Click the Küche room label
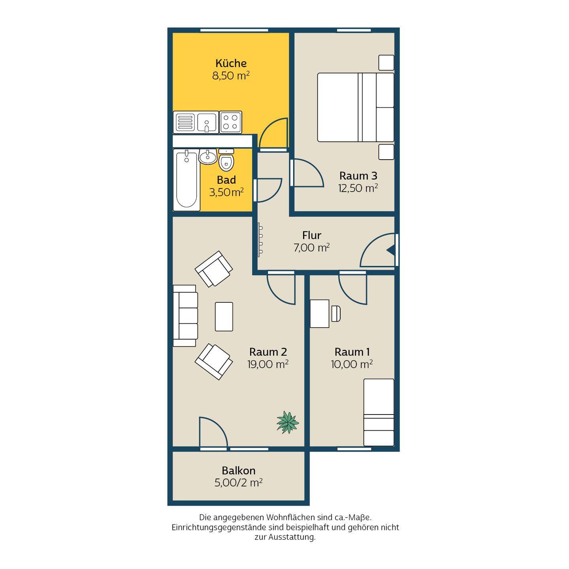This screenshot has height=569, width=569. pyautogui.click(x=231, y=63)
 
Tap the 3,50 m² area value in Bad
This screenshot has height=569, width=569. pyautogui.click(x=226, y=192)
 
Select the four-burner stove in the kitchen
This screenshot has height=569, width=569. pyautogui.click(x=230, y=122)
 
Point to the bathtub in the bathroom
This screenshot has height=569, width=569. pyautogui.click(x=187, y=180)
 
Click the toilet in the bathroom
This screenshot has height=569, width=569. pyautogui.click(x=226, y=160)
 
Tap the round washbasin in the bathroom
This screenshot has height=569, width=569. pyautogui.click(x=208, y=156)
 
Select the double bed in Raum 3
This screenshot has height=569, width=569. pyautogui.click(x=356, y=107)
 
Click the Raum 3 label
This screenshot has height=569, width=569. pyautogui.click(x=358, y=176)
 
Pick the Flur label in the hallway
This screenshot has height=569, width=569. pyautogui.click(x=311, y=236)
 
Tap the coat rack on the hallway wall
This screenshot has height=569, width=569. pyautogui.click(x=260, y=238)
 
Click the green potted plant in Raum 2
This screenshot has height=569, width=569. pyautogui.click(x=287, y=422)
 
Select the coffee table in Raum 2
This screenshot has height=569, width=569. pyautogui.click(x=224, y=317)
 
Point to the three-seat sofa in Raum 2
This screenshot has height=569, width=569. pyautogui.click(x=185, y=316)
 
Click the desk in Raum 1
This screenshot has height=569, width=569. pyautogui.click(x=320, y=314)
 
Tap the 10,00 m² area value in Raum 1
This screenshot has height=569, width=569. pyautogui.click(x=351, y=364)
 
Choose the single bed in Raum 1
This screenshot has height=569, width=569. pyautogui.click(x=379, y=412)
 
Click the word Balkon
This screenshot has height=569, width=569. pyautogui.click(x=239, y=470)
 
